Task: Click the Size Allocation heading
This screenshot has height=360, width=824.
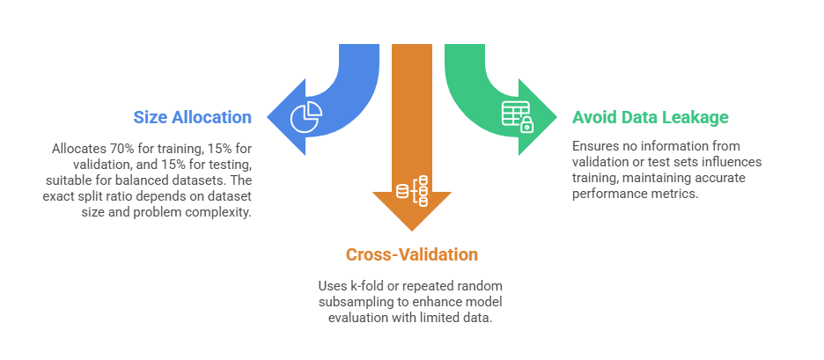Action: pyautogui.click(x=192, y=117)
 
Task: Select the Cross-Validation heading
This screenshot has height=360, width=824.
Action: pyautogui.click(x=411, y=255)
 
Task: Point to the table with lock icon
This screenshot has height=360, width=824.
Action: pyautogui.click(x=517, y=116)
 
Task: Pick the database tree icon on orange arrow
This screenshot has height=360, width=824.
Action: pyautogui.click(x=412, y=190)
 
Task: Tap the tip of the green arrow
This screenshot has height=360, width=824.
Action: pyautogui.click(x=555, y=116)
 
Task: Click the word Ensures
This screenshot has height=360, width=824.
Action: pyautogui.click(x=595, y=145)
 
